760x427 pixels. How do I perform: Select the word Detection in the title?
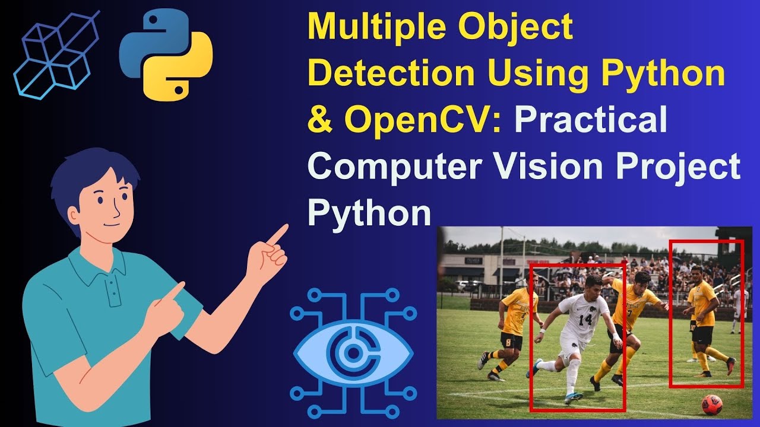(x=392, y=74)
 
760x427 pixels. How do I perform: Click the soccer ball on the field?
(x=711, y=404)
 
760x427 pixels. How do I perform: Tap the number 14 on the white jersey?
(x=585, y=320)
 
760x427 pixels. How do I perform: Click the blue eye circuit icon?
(x=353, y=353)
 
